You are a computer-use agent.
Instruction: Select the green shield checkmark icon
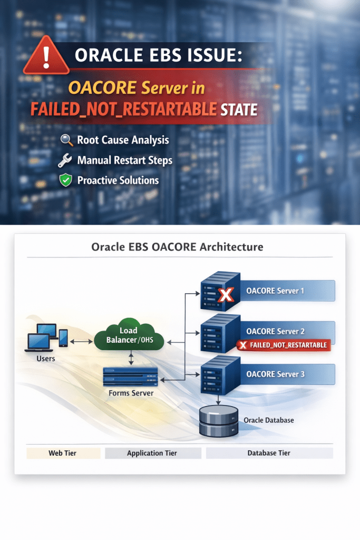coord(65,180)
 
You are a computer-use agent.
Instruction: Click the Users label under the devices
coord(46,359)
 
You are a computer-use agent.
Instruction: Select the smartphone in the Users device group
coord(63,338)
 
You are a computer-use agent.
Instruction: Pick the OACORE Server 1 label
coord(275,291)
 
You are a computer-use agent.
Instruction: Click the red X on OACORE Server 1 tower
coord(226,295)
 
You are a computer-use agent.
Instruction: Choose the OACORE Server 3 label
coord(275,374)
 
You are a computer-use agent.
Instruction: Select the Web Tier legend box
coord(63,453)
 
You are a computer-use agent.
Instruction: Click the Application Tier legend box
coord(153,453)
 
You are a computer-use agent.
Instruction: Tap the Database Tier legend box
coord(269,453)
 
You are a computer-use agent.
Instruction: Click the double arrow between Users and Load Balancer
coord(82,342)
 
